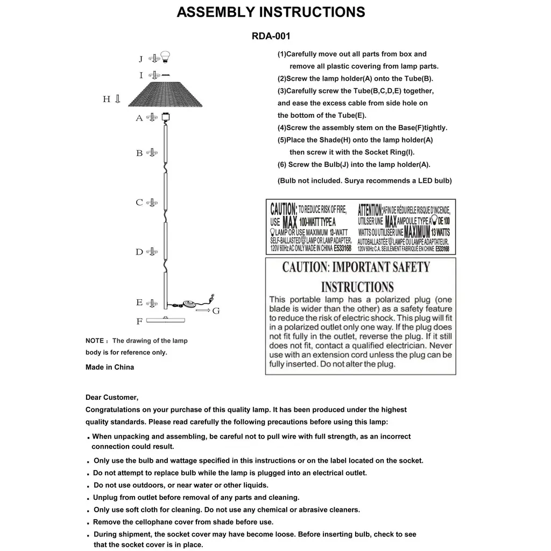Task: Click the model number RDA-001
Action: coord(271,37)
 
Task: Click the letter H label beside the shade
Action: coord(107,99)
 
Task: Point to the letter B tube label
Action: coord(139,153)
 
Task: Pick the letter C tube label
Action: coord(139,203)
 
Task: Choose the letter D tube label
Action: coord(139,252)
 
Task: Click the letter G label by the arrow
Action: coord(216,311)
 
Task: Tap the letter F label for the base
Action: coord(139,322)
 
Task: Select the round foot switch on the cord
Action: coord(189,304)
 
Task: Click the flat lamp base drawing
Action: coord(165,320)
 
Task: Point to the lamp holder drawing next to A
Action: coord(166,116)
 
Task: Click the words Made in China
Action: coord(110,368)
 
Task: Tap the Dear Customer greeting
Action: coord(112,398)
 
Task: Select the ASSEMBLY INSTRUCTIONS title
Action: coord(271,12)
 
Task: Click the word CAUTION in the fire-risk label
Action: coord(283,209)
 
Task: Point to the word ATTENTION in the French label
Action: coord(370,209)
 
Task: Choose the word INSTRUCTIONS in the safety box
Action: coord(357,287)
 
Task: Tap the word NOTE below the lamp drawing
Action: coord(95,341)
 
